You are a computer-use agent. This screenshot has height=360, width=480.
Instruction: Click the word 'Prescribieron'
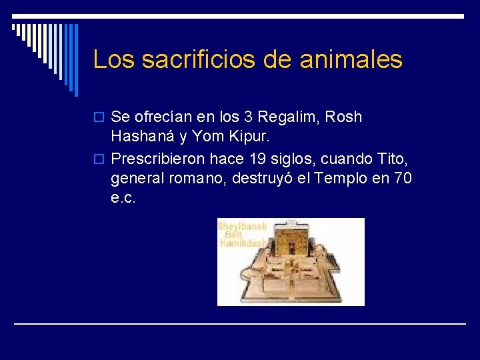tap(159, 159)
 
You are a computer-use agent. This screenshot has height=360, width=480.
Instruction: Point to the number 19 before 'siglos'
tap(257, 159)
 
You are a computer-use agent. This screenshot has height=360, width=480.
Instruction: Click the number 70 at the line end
tap(403, 179)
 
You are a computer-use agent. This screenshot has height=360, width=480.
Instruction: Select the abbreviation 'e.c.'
tap(123, 198)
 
